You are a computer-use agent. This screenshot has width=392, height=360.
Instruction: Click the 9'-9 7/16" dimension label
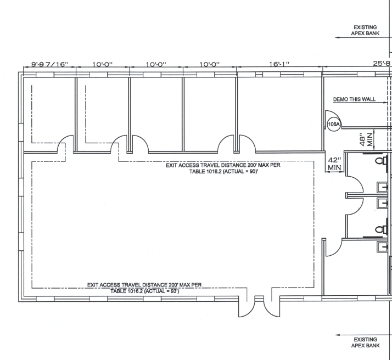pos(50,64)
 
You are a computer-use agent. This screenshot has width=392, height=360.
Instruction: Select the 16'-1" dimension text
pos(279,64)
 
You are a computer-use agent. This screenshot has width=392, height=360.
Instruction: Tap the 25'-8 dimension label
pos(382,64)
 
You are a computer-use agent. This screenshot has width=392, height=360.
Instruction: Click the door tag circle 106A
pos(334,124)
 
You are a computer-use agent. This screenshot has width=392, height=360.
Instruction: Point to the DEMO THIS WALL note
pos(354,99)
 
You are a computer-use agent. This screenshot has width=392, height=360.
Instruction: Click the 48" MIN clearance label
pos(366,139)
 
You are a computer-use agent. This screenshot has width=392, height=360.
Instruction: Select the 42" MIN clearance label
pos(334,164)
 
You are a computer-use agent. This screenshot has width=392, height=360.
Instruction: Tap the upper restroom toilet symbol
pos(381,160)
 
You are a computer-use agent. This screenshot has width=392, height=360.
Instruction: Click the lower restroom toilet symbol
pos(381,229)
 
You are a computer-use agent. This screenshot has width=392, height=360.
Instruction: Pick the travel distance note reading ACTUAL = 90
pos(223,168)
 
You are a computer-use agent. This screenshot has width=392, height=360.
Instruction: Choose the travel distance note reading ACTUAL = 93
pos(144,288)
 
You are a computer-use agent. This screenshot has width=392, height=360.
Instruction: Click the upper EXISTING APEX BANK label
pos(365,30)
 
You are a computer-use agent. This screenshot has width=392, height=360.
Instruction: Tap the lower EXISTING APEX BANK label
pos(365,342)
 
